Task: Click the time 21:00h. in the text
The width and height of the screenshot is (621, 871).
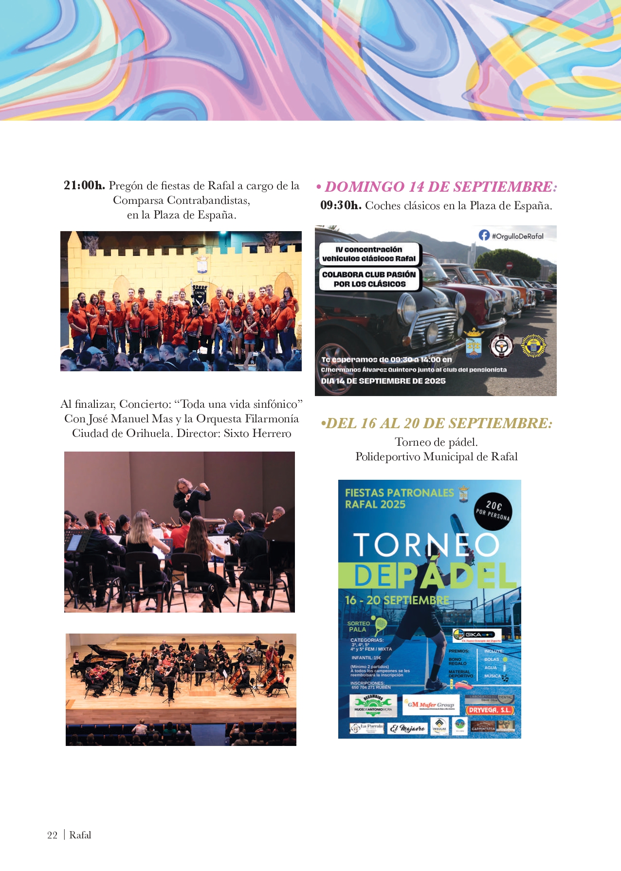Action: click(84, 185)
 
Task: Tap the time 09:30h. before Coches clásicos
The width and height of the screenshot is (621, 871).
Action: click(341, 205)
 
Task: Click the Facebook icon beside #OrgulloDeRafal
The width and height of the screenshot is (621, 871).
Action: click(484, 236)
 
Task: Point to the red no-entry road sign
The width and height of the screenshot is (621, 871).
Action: click(510, 265)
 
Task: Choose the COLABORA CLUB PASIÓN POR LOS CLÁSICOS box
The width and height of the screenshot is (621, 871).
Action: click(369, 279)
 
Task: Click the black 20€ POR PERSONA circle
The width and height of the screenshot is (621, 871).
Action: click(493, 510)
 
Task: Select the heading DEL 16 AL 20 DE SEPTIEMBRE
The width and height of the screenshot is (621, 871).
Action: click(437, 423)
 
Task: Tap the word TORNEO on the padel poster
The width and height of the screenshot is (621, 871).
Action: click(425, 545)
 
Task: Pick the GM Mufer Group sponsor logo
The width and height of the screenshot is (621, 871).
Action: click(430, 705)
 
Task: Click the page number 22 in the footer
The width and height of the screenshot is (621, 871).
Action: click(52, 835)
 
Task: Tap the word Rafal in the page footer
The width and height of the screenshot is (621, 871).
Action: click(80, 835)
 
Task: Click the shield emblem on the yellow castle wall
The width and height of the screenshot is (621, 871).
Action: click(202, 265)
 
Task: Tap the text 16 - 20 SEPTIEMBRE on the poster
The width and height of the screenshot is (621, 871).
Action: click(397, 600)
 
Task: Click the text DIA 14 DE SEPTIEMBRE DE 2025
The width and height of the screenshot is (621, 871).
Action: click(383, 381)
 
